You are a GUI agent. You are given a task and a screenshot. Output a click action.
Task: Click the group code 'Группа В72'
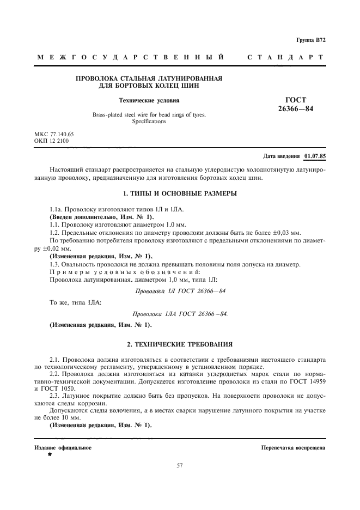point(310,40)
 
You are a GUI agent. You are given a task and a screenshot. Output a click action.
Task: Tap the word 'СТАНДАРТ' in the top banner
point(285,57)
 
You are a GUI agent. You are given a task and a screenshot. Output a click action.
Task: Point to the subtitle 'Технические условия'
point(149,100)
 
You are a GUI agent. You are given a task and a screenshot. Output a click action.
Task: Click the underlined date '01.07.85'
point(315,156)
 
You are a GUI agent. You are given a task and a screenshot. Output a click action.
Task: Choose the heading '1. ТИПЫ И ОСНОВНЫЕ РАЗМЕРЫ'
point(179,193)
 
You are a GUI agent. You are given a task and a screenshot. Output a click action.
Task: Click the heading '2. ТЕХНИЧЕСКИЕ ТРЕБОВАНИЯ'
point(179,344)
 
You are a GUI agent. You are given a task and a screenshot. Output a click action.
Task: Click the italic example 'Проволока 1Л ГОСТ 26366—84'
point(180,291)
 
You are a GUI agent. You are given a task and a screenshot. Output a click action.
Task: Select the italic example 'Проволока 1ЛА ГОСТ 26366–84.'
point(180,314)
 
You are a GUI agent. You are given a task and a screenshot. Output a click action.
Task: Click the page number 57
point(180,465)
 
